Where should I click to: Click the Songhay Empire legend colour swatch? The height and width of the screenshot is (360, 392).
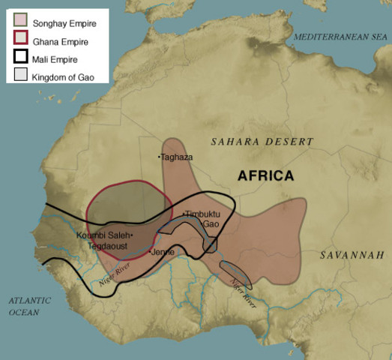(21, 23)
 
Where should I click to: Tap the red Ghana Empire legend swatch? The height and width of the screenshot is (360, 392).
(21, 40)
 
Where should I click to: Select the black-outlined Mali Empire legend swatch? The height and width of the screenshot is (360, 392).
(21, 58)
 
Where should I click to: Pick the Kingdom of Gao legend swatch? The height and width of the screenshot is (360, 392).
(21, 75)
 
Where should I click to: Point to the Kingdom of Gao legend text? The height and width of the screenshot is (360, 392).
(68, 75)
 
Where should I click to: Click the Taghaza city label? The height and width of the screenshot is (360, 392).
(178, 157)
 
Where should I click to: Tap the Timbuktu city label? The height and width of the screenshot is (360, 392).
(201, 214)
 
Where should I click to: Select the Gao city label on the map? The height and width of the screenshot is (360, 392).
(211, 224)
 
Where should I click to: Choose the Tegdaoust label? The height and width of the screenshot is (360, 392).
(107, 245)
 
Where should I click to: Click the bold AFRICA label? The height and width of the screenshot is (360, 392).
(265, 175)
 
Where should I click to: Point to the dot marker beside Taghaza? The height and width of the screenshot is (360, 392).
(159, 157)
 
